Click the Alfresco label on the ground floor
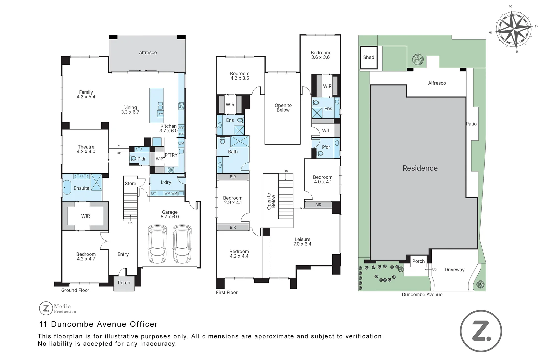[x=148, y=53]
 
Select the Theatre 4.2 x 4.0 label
[x=86, y=149]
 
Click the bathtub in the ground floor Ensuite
[x=67, y=188]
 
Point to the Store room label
[x=130, y=184]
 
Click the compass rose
[x=513, y=29]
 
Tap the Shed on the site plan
[x=369, y=57]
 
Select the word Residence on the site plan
[x=420, y=168]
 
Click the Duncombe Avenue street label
[x=422, y=295]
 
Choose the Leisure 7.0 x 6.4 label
[x=302, y=242]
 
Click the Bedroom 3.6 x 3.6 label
[x=320, y=55]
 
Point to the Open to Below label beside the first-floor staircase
[x=271, y=201]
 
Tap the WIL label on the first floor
[x=326, y=131]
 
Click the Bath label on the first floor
[x=233, y=152]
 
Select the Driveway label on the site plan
[x=454, y=270]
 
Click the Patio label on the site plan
[x=471, y=124]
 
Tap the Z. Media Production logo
[x=58, y=308]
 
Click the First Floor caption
[x=227, y=292]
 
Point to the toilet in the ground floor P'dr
[x=133, y=159]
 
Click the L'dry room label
[x=166, y=182]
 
